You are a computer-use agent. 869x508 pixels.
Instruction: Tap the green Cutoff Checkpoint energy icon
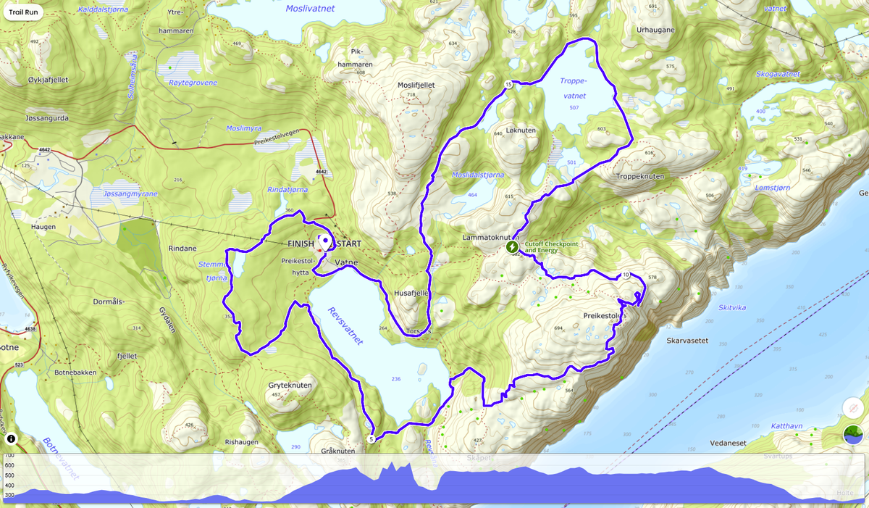(512, 247)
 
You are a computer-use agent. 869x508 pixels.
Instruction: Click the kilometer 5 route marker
(371, 438)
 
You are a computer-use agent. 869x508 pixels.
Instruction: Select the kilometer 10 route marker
(625, 275)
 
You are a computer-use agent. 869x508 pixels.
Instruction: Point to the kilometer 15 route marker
(508, 85)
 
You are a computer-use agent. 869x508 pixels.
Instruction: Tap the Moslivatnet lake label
(310, 9)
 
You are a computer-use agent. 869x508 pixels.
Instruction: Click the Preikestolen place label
(604, 316)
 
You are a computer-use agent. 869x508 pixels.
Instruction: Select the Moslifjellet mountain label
(416, 85)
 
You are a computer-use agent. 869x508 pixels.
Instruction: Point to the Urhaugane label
(655, 30)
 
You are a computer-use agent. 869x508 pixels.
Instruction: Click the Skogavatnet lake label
(778, 74)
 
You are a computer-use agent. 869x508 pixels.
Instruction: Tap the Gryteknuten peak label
(290, 386)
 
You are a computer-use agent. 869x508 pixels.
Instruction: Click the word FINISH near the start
(301, 243)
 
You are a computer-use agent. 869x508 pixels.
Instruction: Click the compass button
(852, 408)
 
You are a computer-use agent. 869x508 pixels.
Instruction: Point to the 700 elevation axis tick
(9, 455)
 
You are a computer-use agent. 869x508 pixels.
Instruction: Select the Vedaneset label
(729, 442)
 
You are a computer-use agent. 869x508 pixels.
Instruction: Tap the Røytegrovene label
(192, 83)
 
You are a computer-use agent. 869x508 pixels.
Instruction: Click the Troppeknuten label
(639, 176)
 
